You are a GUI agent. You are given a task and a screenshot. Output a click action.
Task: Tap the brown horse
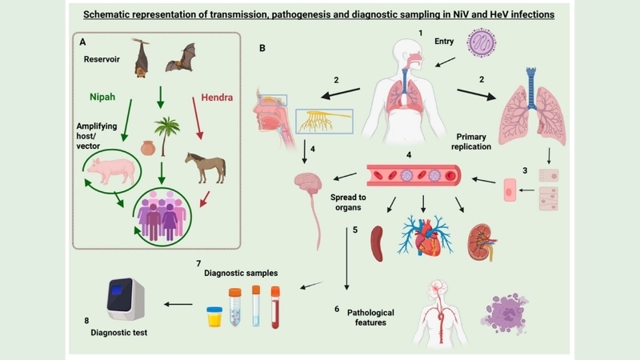click(x=206, y=166)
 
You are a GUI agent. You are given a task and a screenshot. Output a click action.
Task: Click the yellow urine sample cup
click(x=214, y=318)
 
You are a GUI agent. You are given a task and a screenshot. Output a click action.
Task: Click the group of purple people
click(x=163, y=214)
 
